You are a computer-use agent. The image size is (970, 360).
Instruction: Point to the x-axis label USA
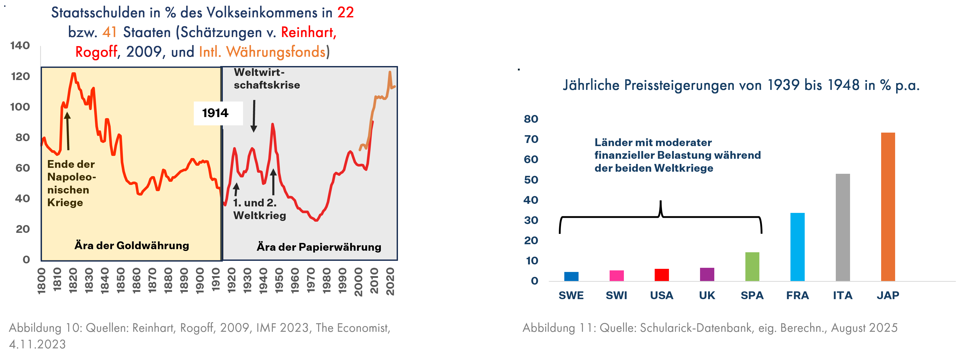point(662,295)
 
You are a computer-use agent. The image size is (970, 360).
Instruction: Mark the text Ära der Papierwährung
point(319,247)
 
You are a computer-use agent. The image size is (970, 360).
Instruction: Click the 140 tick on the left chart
point(20,46)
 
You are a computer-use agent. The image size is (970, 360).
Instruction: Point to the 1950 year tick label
point(279,280)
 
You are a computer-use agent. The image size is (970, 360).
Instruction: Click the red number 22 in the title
point(345,12)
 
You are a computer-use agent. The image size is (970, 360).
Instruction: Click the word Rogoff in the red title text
point(96,52)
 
